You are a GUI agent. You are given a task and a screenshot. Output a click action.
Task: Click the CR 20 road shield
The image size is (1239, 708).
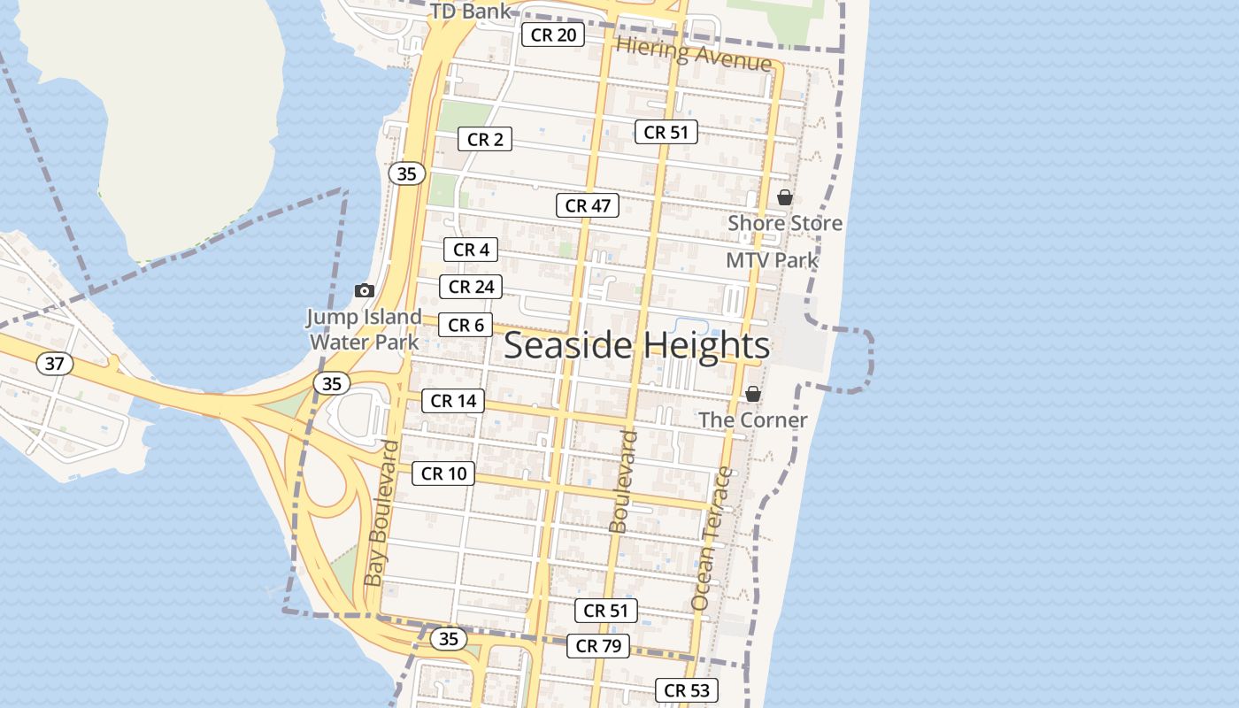[x=553, y=35]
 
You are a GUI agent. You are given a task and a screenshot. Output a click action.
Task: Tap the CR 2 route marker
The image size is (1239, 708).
[x=485, y=139]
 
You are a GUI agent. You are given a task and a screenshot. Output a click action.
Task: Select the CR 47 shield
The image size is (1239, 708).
[x=588, y=205]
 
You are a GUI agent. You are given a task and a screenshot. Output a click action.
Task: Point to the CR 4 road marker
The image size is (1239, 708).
[x=471, y=250]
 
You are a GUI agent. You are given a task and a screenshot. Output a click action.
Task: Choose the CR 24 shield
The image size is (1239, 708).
[x=471, y=287]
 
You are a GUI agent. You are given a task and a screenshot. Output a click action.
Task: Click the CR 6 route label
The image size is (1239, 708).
[x=466, y=326]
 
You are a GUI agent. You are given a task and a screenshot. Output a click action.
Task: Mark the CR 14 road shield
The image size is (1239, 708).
[x=453, y=401]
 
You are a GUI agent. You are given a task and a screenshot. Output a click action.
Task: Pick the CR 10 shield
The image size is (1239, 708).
[x=443, y=473]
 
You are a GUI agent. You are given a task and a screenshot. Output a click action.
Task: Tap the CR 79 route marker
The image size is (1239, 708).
[x=598, y=646]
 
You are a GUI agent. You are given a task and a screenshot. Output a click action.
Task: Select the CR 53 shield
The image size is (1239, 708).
[x=687, y=690]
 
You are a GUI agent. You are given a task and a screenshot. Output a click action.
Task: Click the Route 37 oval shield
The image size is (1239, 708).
[x=55, y=363]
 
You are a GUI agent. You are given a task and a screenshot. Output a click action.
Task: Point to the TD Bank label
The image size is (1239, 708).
[x=471, y=12]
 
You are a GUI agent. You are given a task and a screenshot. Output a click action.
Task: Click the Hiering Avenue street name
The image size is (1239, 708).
[x=694, y=54]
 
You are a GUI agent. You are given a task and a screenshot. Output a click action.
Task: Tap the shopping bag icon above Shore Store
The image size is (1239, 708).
[x=785, y=197]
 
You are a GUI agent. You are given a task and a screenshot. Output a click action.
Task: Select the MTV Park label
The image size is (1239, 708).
[x=772, y=260]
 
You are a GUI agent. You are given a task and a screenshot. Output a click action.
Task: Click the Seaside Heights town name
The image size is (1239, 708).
[x=636, y=345]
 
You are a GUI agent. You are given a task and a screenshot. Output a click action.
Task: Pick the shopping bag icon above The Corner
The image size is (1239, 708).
[x=753, y=394]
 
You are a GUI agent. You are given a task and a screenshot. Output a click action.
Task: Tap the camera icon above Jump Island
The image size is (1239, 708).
[x=364, y=290]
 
